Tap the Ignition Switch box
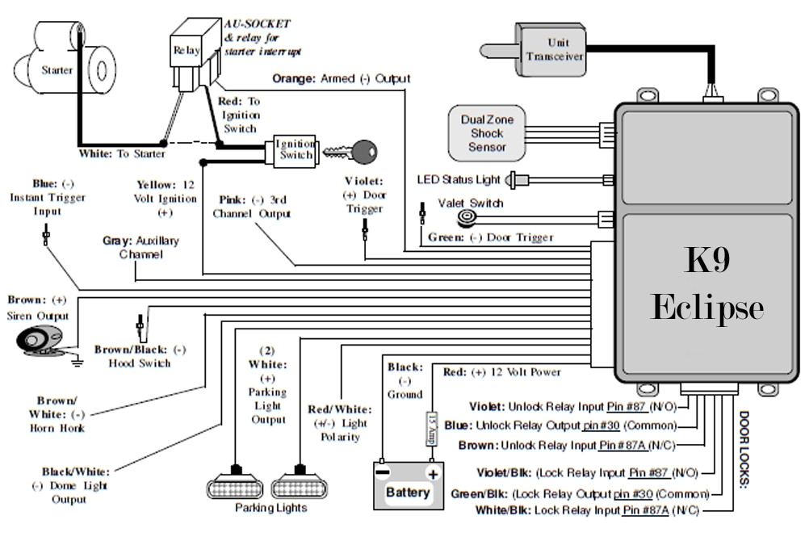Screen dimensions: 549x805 click(x=293, y=150)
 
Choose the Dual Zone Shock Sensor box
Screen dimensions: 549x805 click(x=487, y=132)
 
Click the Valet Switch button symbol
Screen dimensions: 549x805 click(x=465, y=218)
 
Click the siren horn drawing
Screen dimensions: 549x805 click(x=40, y=339)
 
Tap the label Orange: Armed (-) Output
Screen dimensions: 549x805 click(x=341, y=79)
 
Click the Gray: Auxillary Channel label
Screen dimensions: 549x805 click(x=140, y=247)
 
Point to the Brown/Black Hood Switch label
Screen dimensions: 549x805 click(x=140, y=356)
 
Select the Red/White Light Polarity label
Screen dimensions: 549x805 click(x=339, y=423)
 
